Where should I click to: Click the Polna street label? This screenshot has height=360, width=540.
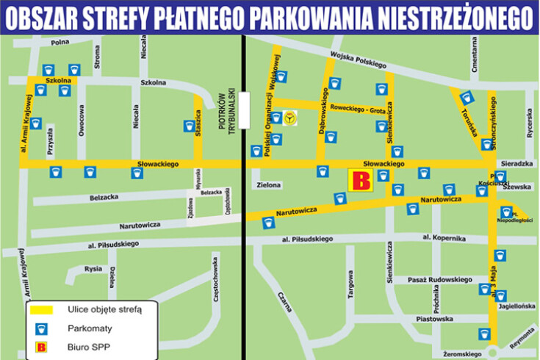(60, 44)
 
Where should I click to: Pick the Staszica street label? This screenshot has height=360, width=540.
(198, 120)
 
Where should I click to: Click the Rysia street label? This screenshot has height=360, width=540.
(93, 269)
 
